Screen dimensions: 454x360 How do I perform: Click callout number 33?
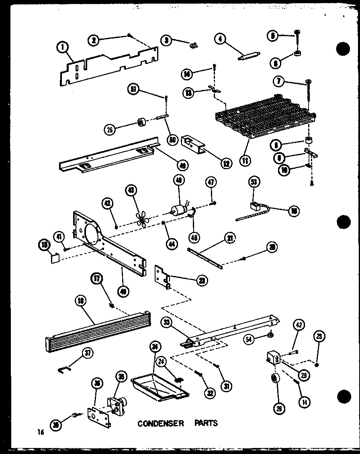pos(167,322)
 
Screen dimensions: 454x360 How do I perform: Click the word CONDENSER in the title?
pos(161,423)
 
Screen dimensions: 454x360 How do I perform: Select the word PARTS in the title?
pos(206,423)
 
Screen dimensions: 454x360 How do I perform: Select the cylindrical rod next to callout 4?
pos(248,56)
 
